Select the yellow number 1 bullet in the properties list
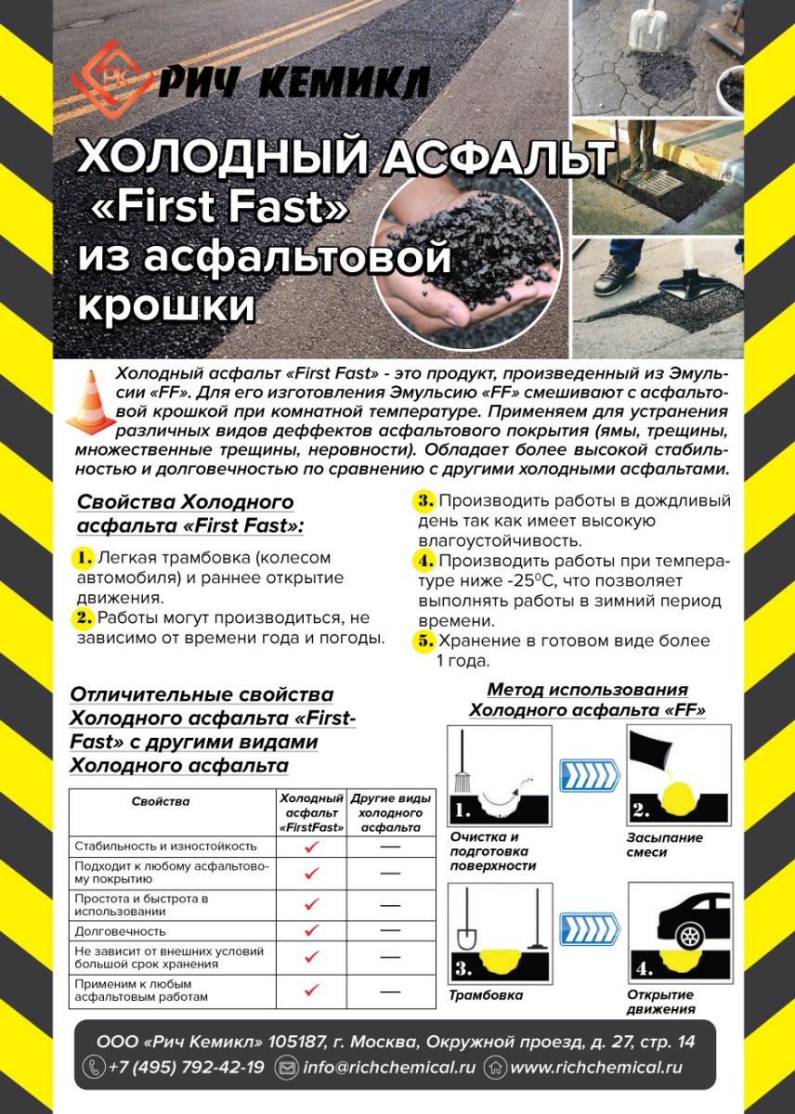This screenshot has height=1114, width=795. pos(84,558)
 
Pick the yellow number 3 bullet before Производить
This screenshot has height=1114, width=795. pos(424,501)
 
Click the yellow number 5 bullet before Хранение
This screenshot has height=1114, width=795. pos(424,641)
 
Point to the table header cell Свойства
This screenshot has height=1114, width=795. pos(161,801)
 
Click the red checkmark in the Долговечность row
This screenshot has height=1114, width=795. pos(312,930)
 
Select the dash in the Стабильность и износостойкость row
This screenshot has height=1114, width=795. pos(390,847)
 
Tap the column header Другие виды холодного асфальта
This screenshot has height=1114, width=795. pos(390,812)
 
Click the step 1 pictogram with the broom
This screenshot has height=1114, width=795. pos(500,775)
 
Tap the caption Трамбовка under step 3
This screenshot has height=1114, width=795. pos(486,995)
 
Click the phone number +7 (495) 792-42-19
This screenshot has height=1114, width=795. pos(186,1068)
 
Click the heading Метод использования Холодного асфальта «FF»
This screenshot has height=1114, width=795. pos(587,700)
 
